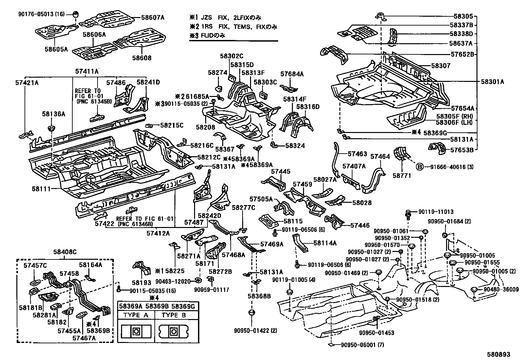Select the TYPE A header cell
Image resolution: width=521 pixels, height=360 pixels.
pyautogui.click(x=135, y=315)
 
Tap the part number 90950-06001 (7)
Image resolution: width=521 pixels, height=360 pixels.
pyautogui.click(x=362, y=345)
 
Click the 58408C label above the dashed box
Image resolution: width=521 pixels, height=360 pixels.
pyautogui.click(x=65, y=252)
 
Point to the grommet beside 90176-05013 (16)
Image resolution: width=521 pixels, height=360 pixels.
pyautogui.click(x=76, y=14)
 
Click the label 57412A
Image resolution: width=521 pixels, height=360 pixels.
pyautogui.click(x=158, y=233)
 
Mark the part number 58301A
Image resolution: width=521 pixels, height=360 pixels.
pyautogui.click(x=492, y=82)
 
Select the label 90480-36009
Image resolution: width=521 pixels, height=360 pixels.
pyautogui.click(x=501, y=289)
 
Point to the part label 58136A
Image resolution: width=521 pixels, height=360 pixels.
pyautogui.click(x=53, y=114)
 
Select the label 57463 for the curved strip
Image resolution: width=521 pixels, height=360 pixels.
pyautogui.click(x=357, y=154)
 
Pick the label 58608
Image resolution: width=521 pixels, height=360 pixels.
pyautogui.click(x=142, y=58)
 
